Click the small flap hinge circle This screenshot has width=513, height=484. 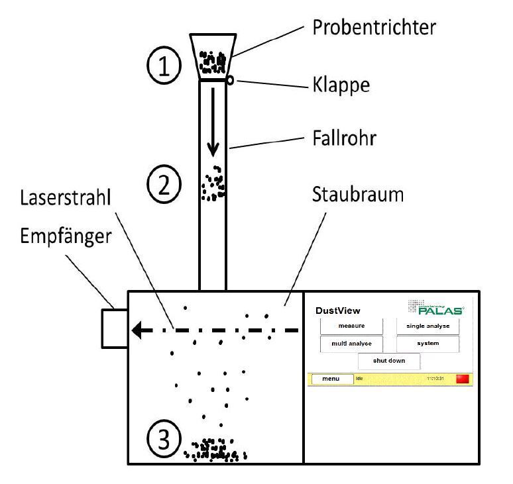pyautogui.click(x=230, y=80)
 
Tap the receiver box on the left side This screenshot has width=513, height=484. pyautogui.click(x=113, y=328)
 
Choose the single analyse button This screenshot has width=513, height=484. pyautogui.click(x=427, y=326)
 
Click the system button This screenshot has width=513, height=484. pyautogui.click(x=427, y=344)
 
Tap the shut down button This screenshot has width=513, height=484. pyautogui.click(x=388, y=361)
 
